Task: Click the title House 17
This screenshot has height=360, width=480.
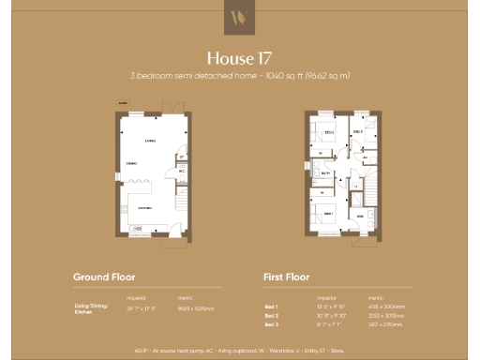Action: (239, 57)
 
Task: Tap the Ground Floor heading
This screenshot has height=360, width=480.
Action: (104, 277)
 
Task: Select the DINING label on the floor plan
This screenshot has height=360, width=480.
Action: (132, 164)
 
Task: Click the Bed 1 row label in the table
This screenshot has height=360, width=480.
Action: (272, 306)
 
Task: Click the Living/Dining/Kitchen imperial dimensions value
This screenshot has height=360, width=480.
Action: (139, 307)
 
